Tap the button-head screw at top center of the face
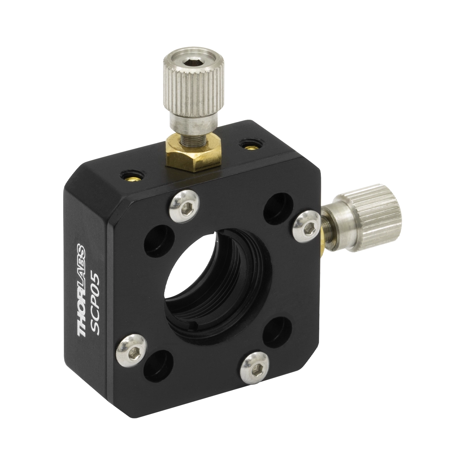(184, 206)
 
